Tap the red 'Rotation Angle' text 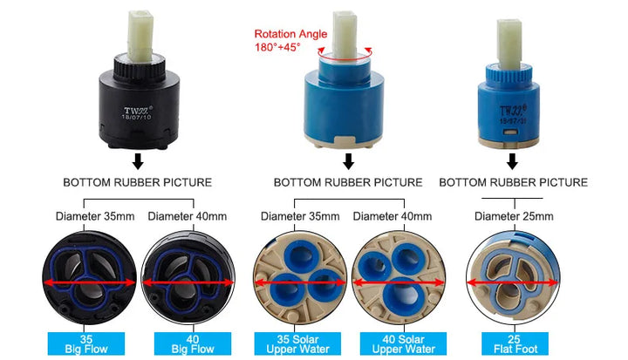[x=290, y=34]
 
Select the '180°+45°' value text [x=277, y=47]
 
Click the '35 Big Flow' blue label [x=86, y=344]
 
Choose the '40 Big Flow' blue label [x=193, y=344]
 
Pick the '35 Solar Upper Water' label [x=297, y=344]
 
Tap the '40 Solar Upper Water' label [x=403, y=344]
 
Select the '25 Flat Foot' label [x=515, y=344]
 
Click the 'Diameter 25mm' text [x=514, y=217]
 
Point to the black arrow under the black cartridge [x=138, y=161]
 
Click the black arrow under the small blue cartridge [x=512, y=161]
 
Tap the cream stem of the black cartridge [x=140, y=35]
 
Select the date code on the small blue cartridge [x=513, y=120]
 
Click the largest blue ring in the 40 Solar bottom [x=402, y=295]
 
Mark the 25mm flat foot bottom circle [x=513, y=277]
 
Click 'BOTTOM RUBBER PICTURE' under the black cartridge [x=138, y=182]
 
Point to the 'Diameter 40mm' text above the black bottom [x=187, y=217]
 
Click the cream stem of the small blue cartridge [x=509, y=44]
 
